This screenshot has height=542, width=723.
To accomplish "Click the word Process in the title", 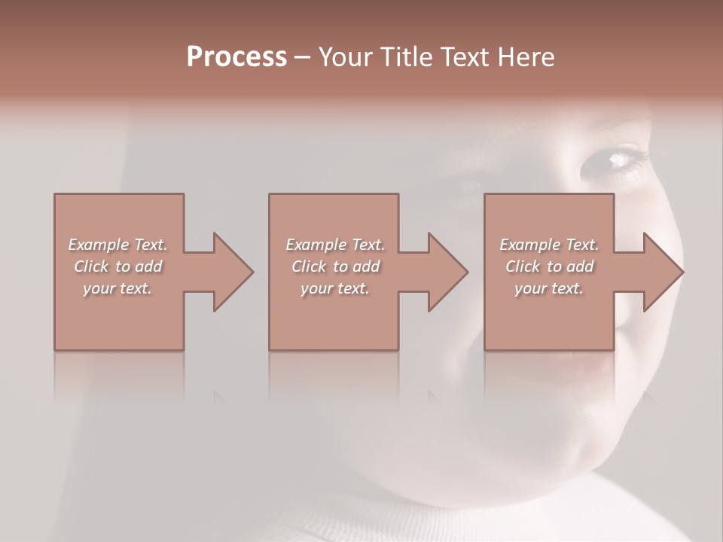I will click(x=236, y=57).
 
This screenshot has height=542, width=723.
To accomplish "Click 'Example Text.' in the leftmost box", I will click(x=117, y=245).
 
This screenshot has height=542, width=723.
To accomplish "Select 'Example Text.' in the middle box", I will click(x=335, y=245).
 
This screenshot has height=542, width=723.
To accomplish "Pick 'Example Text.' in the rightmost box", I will click(x=549, y=245).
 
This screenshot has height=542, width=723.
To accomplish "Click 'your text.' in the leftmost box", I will click(x=117, y=288).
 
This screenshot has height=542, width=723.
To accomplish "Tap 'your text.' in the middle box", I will click(x=335, y=288).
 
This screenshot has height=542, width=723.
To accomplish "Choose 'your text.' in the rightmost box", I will click(x=549, y=288).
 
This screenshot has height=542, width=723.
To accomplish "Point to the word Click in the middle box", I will click(x=309, y=266).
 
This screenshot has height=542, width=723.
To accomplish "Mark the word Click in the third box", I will click(x=523, y=266).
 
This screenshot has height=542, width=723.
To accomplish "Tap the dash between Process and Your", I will click(x=302, y=58).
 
